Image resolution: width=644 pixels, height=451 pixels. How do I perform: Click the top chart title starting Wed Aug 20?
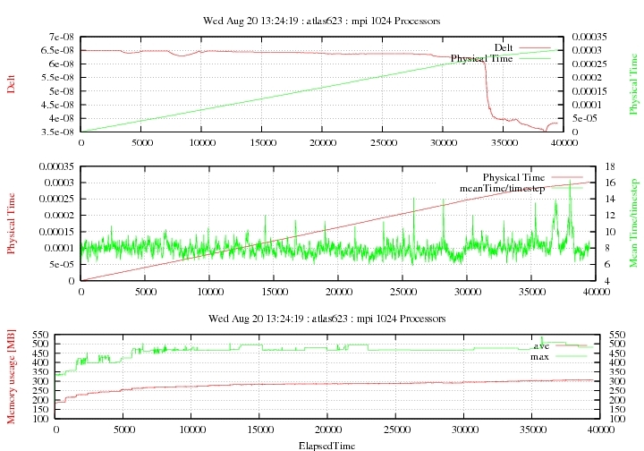click(x=322, y=20)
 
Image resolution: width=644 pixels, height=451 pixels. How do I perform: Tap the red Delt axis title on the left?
click(x=11, y=83)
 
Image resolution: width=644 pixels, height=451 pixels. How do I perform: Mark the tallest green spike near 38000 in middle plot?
click(x=570, y=183)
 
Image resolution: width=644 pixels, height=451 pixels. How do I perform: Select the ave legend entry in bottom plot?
click(x=541, y=345)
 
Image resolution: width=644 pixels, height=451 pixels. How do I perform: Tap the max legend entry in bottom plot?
click(x=539, y=356)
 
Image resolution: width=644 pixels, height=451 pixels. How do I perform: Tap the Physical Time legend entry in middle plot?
click(x=513, y=177)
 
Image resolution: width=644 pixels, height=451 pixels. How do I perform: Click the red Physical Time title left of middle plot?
click(x=11, y=223)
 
